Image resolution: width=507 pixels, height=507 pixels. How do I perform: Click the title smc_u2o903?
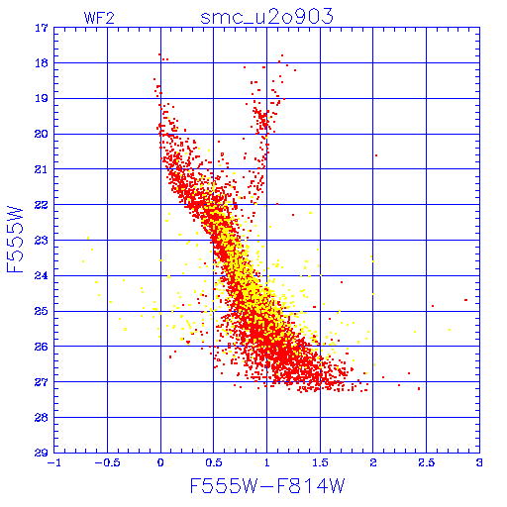pos(266,17)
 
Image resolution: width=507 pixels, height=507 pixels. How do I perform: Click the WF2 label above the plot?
pos(99,18)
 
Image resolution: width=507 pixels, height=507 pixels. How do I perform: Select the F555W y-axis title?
pos(15,240)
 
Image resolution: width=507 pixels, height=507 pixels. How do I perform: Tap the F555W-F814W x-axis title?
pos(267,485)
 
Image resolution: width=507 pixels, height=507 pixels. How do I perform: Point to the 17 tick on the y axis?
pos(42,28)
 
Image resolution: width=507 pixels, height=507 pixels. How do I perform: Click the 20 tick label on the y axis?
pos(42,134)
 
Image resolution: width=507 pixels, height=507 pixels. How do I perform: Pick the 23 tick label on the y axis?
pos(42,241)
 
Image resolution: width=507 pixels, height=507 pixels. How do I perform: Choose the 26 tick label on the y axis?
pos(42,347)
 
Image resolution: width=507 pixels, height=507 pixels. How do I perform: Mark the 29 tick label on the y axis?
pos(42,453)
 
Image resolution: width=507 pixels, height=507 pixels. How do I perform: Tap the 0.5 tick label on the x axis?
pos(214,462)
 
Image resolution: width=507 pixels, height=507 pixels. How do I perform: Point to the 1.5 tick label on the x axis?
pos(320,462)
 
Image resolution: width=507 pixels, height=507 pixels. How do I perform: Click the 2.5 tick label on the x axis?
pos(427,462)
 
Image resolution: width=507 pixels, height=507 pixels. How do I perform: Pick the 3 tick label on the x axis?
pos(479,462)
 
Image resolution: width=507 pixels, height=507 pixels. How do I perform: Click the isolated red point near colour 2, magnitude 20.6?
pos(376,155)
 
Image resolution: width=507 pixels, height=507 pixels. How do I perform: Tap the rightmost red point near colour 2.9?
pos(465,300)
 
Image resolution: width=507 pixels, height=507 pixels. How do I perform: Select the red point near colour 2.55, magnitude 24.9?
pos(433,306)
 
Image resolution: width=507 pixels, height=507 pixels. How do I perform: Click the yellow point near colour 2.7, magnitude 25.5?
pos(450,330)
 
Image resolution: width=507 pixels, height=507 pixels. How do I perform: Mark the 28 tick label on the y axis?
pos(42,418)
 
